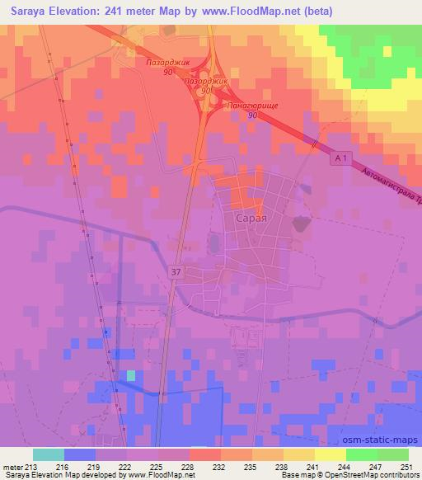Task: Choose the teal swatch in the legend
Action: pos(49,454)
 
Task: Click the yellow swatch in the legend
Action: pos(330,454)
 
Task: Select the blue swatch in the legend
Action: pos(80,454)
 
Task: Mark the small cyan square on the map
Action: pos(130,375)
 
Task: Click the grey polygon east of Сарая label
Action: pos(298,223)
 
